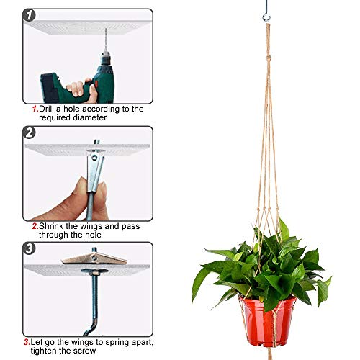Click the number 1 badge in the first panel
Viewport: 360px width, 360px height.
point(30,15)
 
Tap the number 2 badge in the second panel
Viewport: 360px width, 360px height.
point(30,132)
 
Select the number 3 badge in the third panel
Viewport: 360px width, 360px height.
point(30,248)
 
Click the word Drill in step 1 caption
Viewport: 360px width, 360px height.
point(46,109)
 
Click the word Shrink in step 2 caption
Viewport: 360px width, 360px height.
point(51,226)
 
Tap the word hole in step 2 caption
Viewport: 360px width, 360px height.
point(92,235)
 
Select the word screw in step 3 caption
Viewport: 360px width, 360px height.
point(84,351)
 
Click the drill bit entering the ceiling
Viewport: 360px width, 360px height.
point(106,40)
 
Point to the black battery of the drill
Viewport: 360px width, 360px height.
point(49,88)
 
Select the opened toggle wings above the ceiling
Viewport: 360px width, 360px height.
point(94,258)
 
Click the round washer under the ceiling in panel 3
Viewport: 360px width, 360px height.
point(94,271)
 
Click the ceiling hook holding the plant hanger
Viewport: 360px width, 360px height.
point(266,17)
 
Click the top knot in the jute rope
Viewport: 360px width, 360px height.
point(269,58)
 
